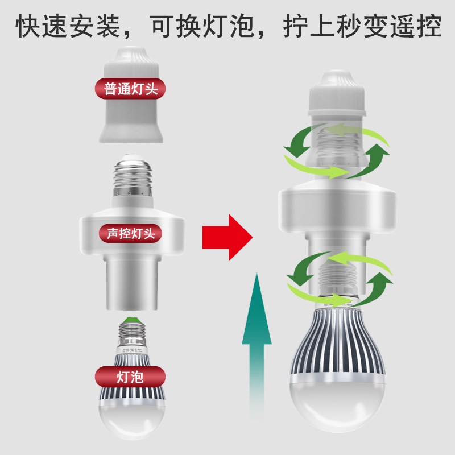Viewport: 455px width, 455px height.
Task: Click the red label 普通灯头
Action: pyautogui.click(x=129, y=89)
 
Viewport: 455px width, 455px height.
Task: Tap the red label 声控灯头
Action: pyautogui.click(x=130, y=233)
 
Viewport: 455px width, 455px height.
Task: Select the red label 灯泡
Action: pyautogui.click(x=129, y=376)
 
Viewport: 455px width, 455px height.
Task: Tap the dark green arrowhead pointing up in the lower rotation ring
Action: pyautogui.click(x=384, y=283)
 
